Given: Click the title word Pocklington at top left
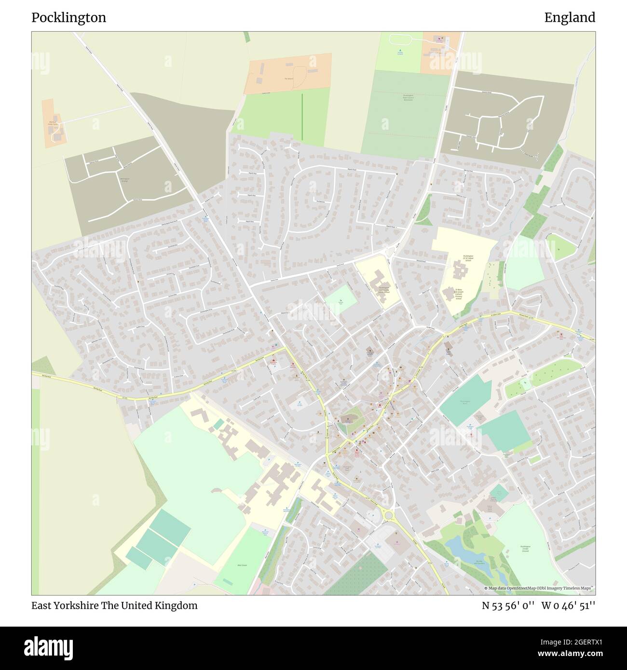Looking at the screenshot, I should pyautogui.click(x=69, y=18).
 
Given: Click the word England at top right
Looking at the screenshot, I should pyautogui.click(x=570, y=18).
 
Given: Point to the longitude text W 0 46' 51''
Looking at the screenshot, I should pyautogui.click(x=569, y=605).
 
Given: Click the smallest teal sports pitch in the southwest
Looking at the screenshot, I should pyautogui.click(x=139, y=558).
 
